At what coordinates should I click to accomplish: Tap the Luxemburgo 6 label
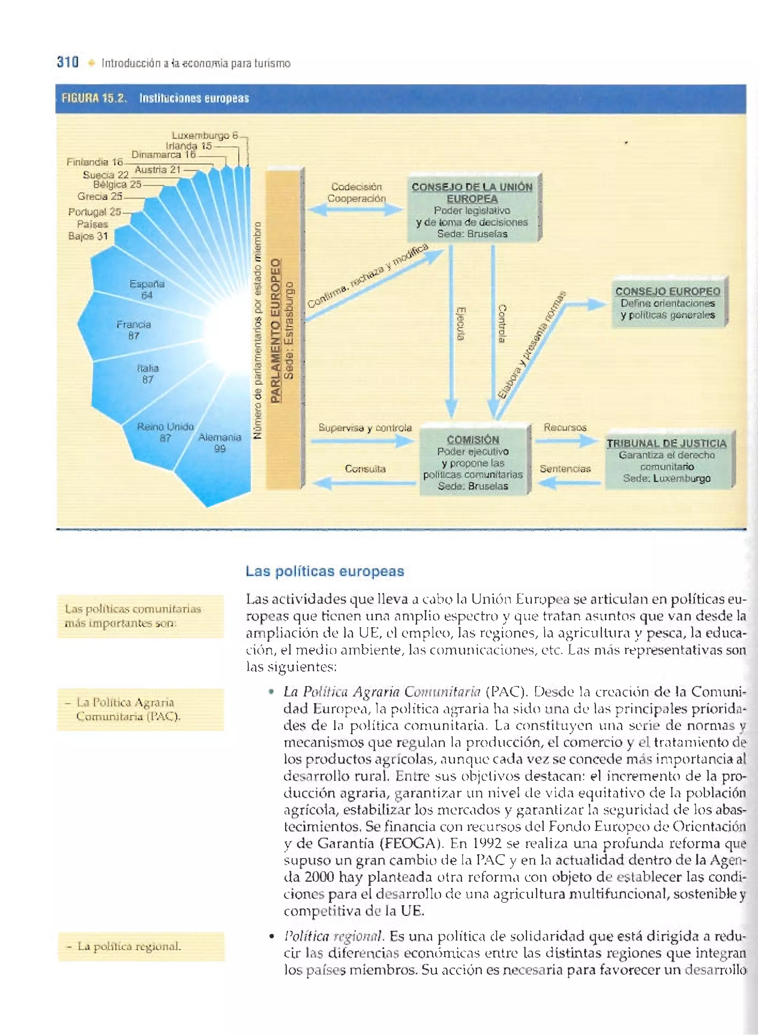tap(205, 136)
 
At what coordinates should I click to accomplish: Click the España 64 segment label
tap(147, 289)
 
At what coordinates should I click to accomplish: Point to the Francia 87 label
tap(134, 330)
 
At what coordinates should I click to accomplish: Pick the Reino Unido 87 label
tap(165, 432)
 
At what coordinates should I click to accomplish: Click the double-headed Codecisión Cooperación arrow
tap(355, 210)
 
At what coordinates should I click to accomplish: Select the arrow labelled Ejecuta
tap(452, 330)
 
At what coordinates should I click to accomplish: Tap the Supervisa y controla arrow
tap(362, 441)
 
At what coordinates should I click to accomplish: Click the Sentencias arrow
tap(569, 483)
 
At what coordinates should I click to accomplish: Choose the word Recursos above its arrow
tap(565, 427)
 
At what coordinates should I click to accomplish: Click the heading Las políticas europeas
tap(325, 571)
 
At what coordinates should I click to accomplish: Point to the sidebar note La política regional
tap(129, 946)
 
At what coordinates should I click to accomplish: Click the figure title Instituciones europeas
tap(194, 98)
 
